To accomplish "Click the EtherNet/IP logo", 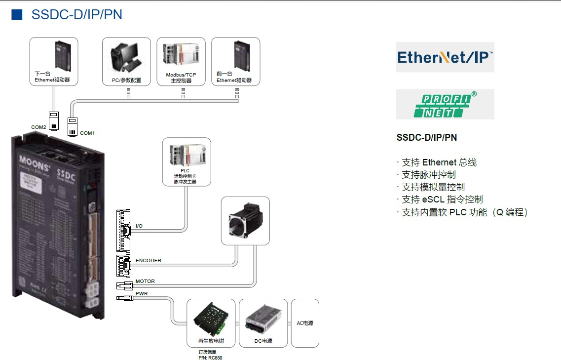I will (445, 57).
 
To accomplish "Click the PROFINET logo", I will (445, 104).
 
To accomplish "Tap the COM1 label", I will (87, 133).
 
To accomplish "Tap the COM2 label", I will (38, 127).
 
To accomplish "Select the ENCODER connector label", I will (148, 261).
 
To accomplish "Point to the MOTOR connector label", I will (145, 281).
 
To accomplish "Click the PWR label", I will (142, 293).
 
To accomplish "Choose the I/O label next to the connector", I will (139, 226).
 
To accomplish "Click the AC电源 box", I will (305, 323).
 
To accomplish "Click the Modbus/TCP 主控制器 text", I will (181, 78).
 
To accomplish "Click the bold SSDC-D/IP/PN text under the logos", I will (427, 138).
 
